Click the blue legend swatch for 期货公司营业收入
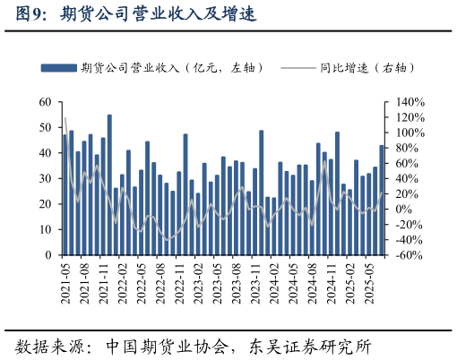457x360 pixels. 58,68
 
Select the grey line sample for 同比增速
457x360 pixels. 298,68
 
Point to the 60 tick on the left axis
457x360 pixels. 46,102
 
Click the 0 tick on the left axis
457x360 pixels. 48,255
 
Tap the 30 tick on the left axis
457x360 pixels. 46,179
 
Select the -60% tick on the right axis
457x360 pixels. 406,255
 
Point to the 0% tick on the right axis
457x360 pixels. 401,210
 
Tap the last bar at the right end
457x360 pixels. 382,201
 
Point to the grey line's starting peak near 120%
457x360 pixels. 65,118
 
